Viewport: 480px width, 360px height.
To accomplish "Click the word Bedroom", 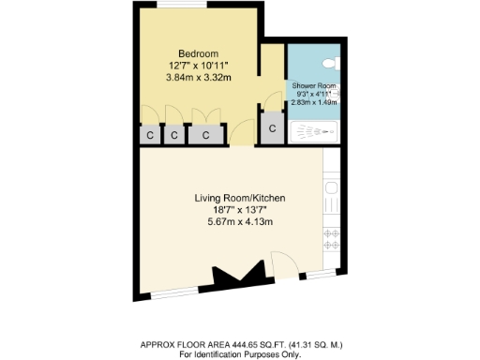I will pyautogui.click(x=199, y=52).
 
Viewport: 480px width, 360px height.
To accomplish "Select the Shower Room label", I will pyautogui.click(x=314, y=85).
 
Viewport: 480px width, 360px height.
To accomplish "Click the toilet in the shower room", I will pyautogui.click(x=329, y=62).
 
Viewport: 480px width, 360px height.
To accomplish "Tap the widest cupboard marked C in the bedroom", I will pyautogui.click(x=205, y=135).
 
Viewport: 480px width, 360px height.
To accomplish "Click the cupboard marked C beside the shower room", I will pyautogui.click(x=272, y=128).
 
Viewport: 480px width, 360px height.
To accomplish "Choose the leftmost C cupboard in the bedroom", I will pyautogui.click(x=150, y=135).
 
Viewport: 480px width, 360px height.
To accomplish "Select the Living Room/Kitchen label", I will pyautogui.click(x=240, y=199).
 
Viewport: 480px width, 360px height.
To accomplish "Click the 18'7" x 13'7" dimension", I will pyautogui.click(x=240, y=210).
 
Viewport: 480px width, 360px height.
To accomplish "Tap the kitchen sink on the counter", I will pyautogui.click(x=330, y=200).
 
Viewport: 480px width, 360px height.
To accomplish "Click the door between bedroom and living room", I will pyautogui.click(x=241, y=133).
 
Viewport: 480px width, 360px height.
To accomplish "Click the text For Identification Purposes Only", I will pyautogui.click(x=239, y=354).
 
